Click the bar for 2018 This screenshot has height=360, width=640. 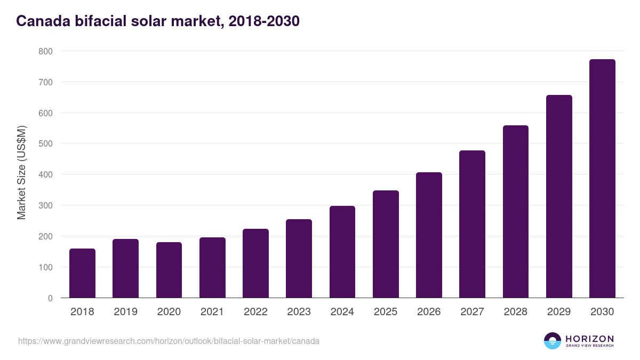82,273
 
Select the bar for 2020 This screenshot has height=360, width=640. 169,270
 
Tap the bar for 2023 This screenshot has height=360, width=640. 299,259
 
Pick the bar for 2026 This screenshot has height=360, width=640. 429,235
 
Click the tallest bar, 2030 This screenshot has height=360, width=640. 602,179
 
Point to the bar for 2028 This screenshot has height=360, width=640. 515,212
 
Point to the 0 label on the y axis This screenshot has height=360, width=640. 50,298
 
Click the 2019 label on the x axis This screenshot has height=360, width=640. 125,312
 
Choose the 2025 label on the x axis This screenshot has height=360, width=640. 386,312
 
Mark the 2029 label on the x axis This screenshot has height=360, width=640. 559,312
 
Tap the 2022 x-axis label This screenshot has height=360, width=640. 255,312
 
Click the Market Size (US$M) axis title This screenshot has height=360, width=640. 21,173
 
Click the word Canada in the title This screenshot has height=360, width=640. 42,21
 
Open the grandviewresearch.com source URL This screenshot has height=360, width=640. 169,341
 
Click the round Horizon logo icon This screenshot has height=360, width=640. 553,341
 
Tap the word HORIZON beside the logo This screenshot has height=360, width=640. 589,338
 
